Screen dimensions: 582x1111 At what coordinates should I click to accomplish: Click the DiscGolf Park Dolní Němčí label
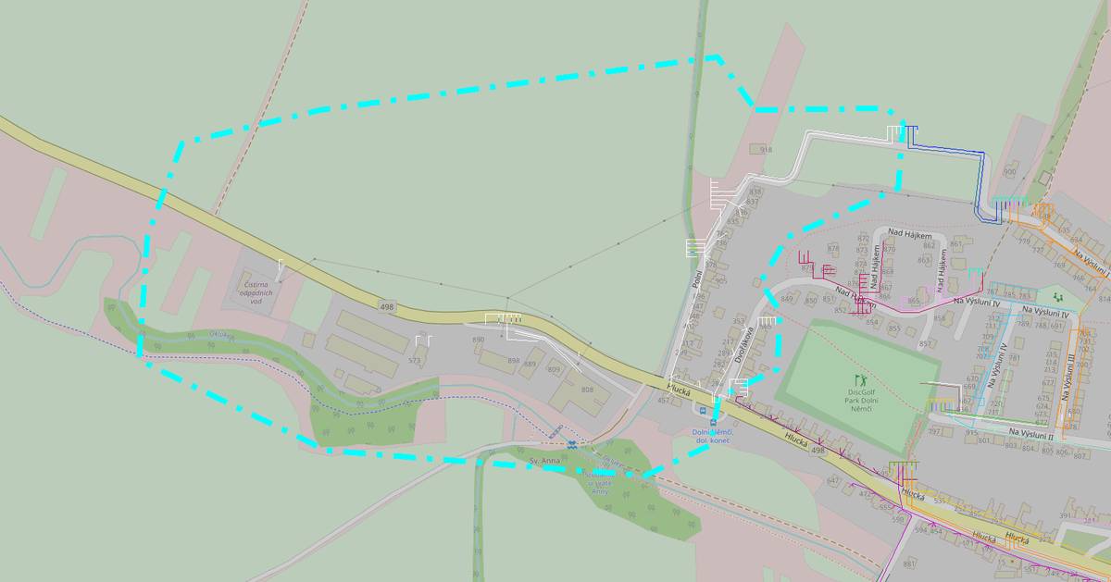pyautogui.click(x=861, y=399)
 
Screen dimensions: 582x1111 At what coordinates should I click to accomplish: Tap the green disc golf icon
pyautogui.click(x=860, y=379)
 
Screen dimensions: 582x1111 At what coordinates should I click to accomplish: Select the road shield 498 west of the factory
pyautogui.click(x=387, y=305)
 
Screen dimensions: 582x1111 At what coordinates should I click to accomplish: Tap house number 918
pyautogui.click(x=765, y=150)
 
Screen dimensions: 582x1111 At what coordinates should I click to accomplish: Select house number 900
pyautogui.click(x=1009, y=172)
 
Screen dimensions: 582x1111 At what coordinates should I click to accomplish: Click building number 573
pyautogui.click(x=415, y=360)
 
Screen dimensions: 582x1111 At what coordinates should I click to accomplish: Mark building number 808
pyautogui.click(x=587, y=390)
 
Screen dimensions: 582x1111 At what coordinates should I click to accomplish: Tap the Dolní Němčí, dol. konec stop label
pyautogui.click(x=712, y=437)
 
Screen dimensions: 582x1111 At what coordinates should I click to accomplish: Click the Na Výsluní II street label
pyautogui.click(x=1031, y=433)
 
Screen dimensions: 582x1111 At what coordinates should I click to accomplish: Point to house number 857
pyautogui.click(x=924, y=344)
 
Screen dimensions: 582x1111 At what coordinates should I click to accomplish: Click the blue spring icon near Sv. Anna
pyautogui.click(x=572, y=444)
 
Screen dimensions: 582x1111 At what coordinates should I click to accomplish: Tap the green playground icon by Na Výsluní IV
pyautogui.click(x=1057, y=298)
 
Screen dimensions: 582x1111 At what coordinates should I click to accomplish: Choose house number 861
pyautogui.click(x=955, y=244)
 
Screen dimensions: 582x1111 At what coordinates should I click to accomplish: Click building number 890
pyautogui.click(x=478, y=340)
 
